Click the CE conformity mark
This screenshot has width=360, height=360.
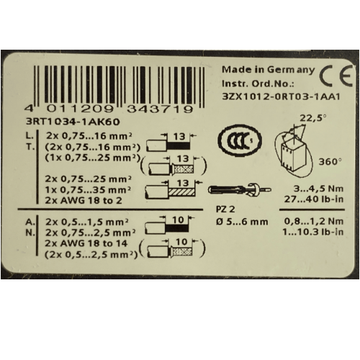tap(336, 76)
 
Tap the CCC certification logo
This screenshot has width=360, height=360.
tap(240, 140)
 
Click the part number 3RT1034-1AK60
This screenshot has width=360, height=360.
tap(73, 122)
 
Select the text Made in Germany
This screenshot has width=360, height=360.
tap(268, 70)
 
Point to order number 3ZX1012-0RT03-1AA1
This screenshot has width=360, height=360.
tap(282, 97)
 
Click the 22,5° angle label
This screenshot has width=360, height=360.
tap(313, 118)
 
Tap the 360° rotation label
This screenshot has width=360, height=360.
tap(330, 162)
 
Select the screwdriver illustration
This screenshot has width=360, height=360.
tap(239, 189)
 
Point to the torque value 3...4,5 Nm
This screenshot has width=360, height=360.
tap(318, 189)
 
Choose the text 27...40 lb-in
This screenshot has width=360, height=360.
tap(314, 199)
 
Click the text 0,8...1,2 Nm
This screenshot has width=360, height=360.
tap(314, 221)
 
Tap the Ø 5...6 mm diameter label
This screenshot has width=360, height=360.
tap(242, 222)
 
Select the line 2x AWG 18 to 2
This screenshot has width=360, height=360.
tap(84, 200)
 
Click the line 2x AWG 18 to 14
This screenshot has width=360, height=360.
tap(86, 243)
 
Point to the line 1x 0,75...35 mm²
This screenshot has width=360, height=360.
tap(88, 189)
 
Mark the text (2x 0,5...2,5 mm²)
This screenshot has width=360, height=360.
tap(91, 254)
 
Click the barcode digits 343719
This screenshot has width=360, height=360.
tap(160, 109)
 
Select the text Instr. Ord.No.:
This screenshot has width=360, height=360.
tap(258, 84)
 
